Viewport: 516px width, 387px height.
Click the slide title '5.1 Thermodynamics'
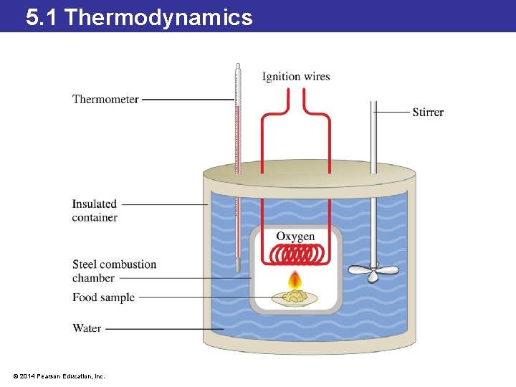coord(139,16)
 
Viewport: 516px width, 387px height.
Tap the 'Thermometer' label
coord(105,99)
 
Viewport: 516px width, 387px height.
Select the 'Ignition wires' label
coord(296,77)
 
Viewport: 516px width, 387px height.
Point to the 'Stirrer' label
coord(428,112)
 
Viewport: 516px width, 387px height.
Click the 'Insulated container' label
coord(95,211)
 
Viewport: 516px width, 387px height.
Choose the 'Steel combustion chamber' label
coord(114,271)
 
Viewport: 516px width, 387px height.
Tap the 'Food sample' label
coord(103,297)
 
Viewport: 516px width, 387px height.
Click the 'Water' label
coord(87,328)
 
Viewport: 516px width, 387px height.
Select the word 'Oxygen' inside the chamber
coord(295,236)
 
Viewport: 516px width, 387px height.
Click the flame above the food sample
coord(294,280)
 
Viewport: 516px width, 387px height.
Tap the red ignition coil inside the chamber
coord(295,254)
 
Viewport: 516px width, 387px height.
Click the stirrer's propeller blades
coord(373,271)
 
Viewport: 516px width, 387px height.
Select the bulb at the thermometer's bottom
coord(238,264)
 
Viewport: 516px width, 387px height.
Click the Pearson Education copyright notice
coord(59,376)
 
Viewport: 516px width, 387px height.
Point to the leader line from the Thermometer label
coord(188,100)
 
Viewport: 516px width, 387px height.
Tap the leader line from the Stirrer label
coord(392,112)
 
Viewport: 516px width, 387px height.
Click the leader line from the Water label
coord(165,329)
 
